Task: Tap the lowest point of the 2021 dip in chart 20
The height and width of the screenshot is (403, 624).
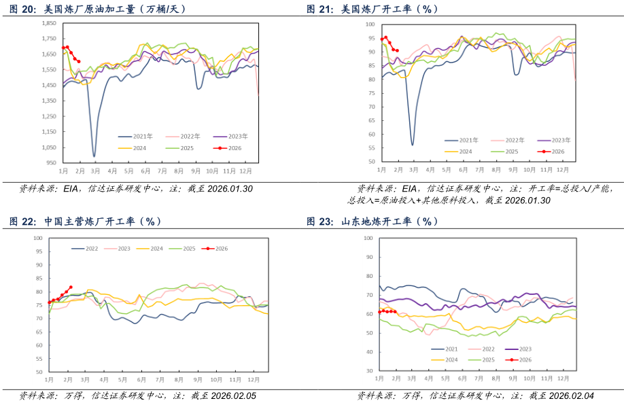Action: click(x=94, y=156)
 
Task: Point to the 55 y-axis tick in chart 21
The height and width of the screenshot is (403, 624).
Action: click(x=370, y=148)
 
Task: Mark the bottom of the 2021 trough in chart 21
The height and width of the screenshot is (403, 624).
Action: click(x=413, y=145)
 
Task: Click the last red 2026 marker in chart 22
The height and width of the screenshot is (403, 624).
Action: click(x=71, y=287)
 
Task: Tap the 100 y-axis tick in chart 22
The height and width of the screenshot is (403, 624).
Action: click(x=38, y=238)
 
